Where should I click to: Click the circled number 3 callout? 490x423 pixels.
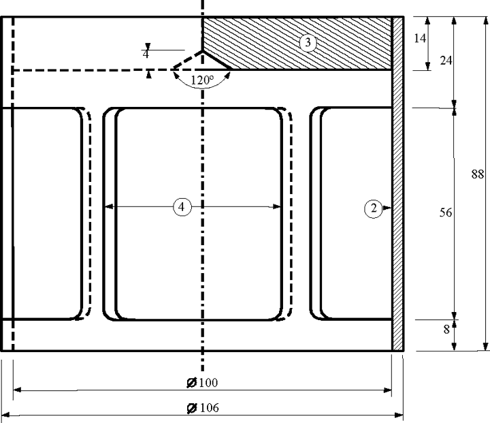(x=308, y=42)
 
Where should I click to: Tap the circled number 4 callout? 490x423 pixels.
(x=182, y=207)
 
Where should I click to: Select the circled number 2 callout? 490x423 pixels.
(x=373, y=208)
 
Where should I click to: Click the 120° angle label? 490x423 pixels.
(x=202, y=80)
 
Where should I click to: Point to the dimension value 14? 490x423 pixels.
(x=420, y=38)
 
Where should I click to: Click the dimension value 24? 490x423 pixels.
(x=446, y=61)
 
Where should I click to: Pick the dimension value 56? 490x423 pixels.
(x=446, y=213)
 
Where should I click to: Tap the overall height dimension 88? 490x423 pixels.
(x=477, y=174)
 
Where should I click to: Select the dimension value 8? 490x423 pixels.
(x=446, y=329)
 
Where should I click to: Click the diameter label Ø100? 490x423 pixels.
(x=202, y=382)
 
